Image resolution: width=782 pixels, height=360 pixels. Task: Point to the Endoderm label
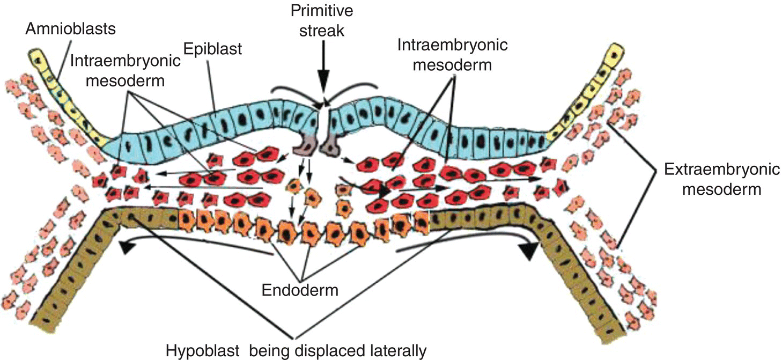coord(300,290)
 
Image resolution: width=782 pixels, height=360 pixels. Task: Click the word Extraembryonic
coord(721,170)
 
